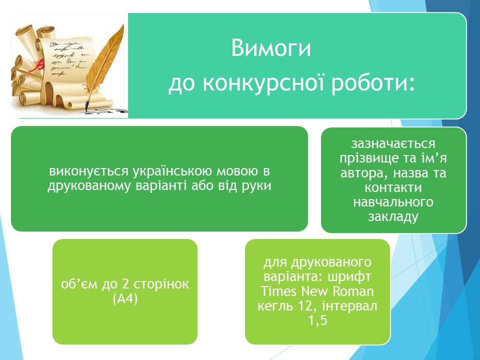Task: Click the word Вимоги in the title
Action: tap(270, 48)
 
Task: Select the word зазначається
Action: tap(393, 143)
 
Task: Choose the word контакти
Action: tap(393, 187)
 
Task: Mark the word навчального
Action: tap(393, 202)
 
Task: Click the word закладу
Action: tap(393, 216)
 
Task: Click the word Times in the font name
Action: tap(278, 291)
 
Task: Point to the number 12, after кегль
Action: tap(307, 306)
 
